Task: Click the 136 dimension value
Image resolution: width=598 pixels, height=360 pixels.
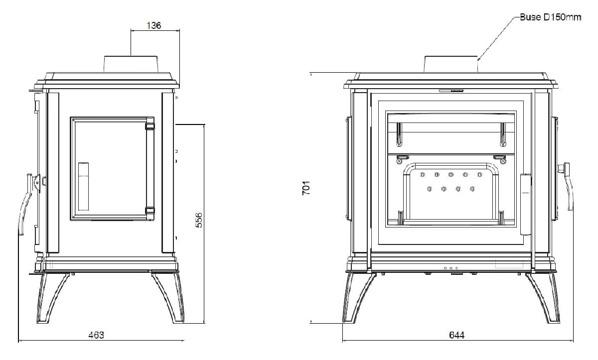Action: coord(154,25)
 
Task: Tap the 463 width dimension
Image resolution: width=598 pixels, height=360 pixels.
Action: coord(96,335)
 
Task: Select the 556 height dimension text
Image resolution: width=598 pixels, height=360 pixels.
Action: coord(199,220)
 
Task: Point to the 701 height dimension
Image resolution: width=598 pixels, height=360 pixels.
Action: coord(306,188)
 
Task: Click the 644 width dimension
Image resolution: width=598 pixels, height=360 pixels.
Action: coord(457,335)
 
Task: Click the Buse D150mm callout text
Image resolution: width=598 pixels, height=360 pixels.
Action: coord(551,17)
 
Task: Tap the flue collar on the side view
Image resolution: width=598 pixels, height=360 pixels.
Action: coord(131,64)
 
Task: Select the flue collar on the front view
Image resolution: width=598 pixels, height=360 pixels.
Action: coord(451,64)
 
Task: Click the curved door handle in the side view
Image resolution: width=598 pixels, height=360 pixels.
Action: coord(26,205)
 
